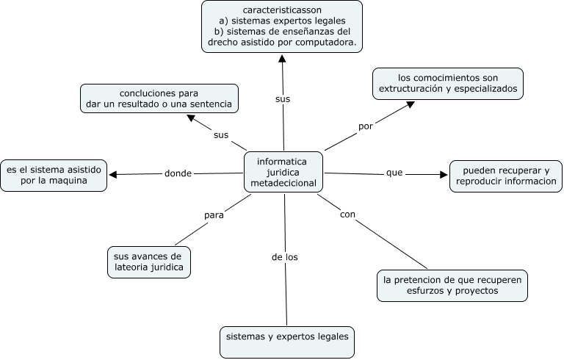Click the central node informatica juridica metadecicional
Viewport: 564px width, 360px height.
283,172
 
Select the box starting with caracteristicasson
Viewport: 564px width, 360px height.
282,26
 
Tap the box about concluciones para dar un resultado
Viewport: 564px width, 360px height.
159,99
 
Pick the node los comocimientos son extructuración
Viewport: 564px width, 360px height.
447,83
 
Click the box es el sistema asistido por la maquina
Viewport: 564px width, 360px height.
54,175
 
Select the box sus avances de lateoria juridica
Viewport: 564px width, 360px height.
148,262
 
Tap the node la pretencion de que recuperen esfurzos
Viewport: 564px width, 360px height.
451,285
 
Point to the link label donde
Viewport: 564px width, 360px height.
178,173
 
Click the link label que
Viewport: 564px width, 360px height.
394,173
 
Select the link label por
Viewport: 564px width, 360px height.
366,126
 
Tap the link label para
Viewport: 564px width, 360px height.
214,215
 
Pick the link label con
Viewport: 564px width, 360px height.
348,215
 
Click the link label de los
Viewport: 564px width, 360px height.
284,257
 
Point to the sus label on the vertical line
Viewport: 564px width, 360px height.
283,98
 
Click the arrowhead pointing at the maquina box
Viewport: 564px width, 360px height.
113,174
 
